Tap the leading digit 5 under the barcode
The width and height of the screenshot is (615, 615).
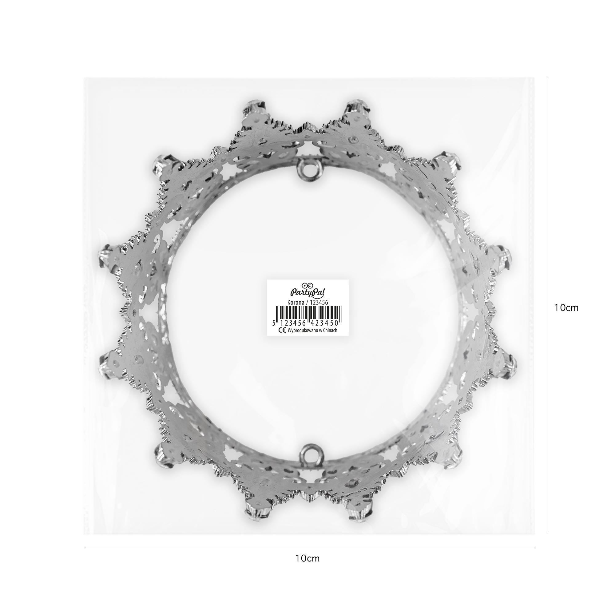(x=274, y=323)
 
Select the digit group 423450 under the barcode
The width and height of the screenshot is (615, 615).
(x=325, y=323)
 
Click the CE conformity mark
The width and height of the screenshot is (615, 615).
(x=281, y=330)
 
